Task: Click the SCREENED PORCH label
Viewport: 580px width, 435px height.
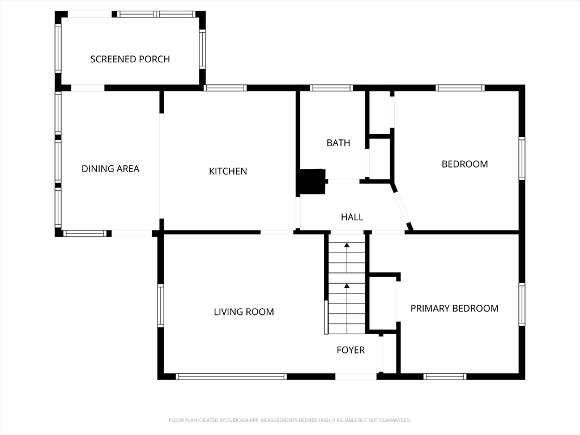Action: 130,59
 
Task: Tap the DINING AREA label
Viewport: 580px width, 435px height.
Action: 110,169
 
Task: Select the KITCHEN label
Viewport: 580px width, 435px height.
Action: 228,171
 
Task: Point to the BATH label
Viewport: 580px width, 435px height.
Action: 338,143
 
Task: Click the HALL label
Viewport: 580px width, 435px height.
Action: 352,217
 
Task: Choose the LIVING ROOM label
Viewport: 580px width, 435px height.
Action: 244,312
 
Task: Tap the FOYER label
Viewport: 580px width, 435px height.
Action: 351,350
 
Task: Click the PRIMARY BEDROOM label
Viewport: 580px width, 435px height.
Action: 454,308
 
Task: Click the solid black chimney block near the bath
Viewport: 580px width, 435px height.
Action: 312,182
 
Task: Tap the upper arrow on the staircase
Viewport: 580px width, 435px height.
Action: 347,258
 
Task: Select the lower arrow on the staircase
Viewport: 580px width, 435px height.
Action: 347,309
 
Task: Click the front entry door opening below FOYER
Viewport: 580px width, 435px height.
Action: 356,377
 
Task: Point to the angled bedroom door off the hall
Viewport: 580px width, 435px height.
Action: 402,207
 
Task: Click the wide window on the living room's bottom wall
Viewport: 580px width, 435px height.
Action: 231,377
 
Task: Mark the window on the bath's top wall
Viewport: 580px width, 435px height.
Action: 331,88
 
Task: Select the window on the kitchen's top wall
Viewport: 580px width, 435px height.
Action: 225,88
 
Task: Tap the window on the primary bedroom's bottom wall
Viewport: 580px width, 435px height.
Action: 445,377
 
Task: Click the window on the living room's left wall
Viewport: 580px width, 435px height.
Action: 160,305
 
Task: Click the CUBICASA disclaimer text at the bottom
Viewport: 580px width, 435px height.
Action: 289,420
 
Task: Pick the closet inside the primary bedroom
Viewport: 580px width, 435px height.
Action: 383,302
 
